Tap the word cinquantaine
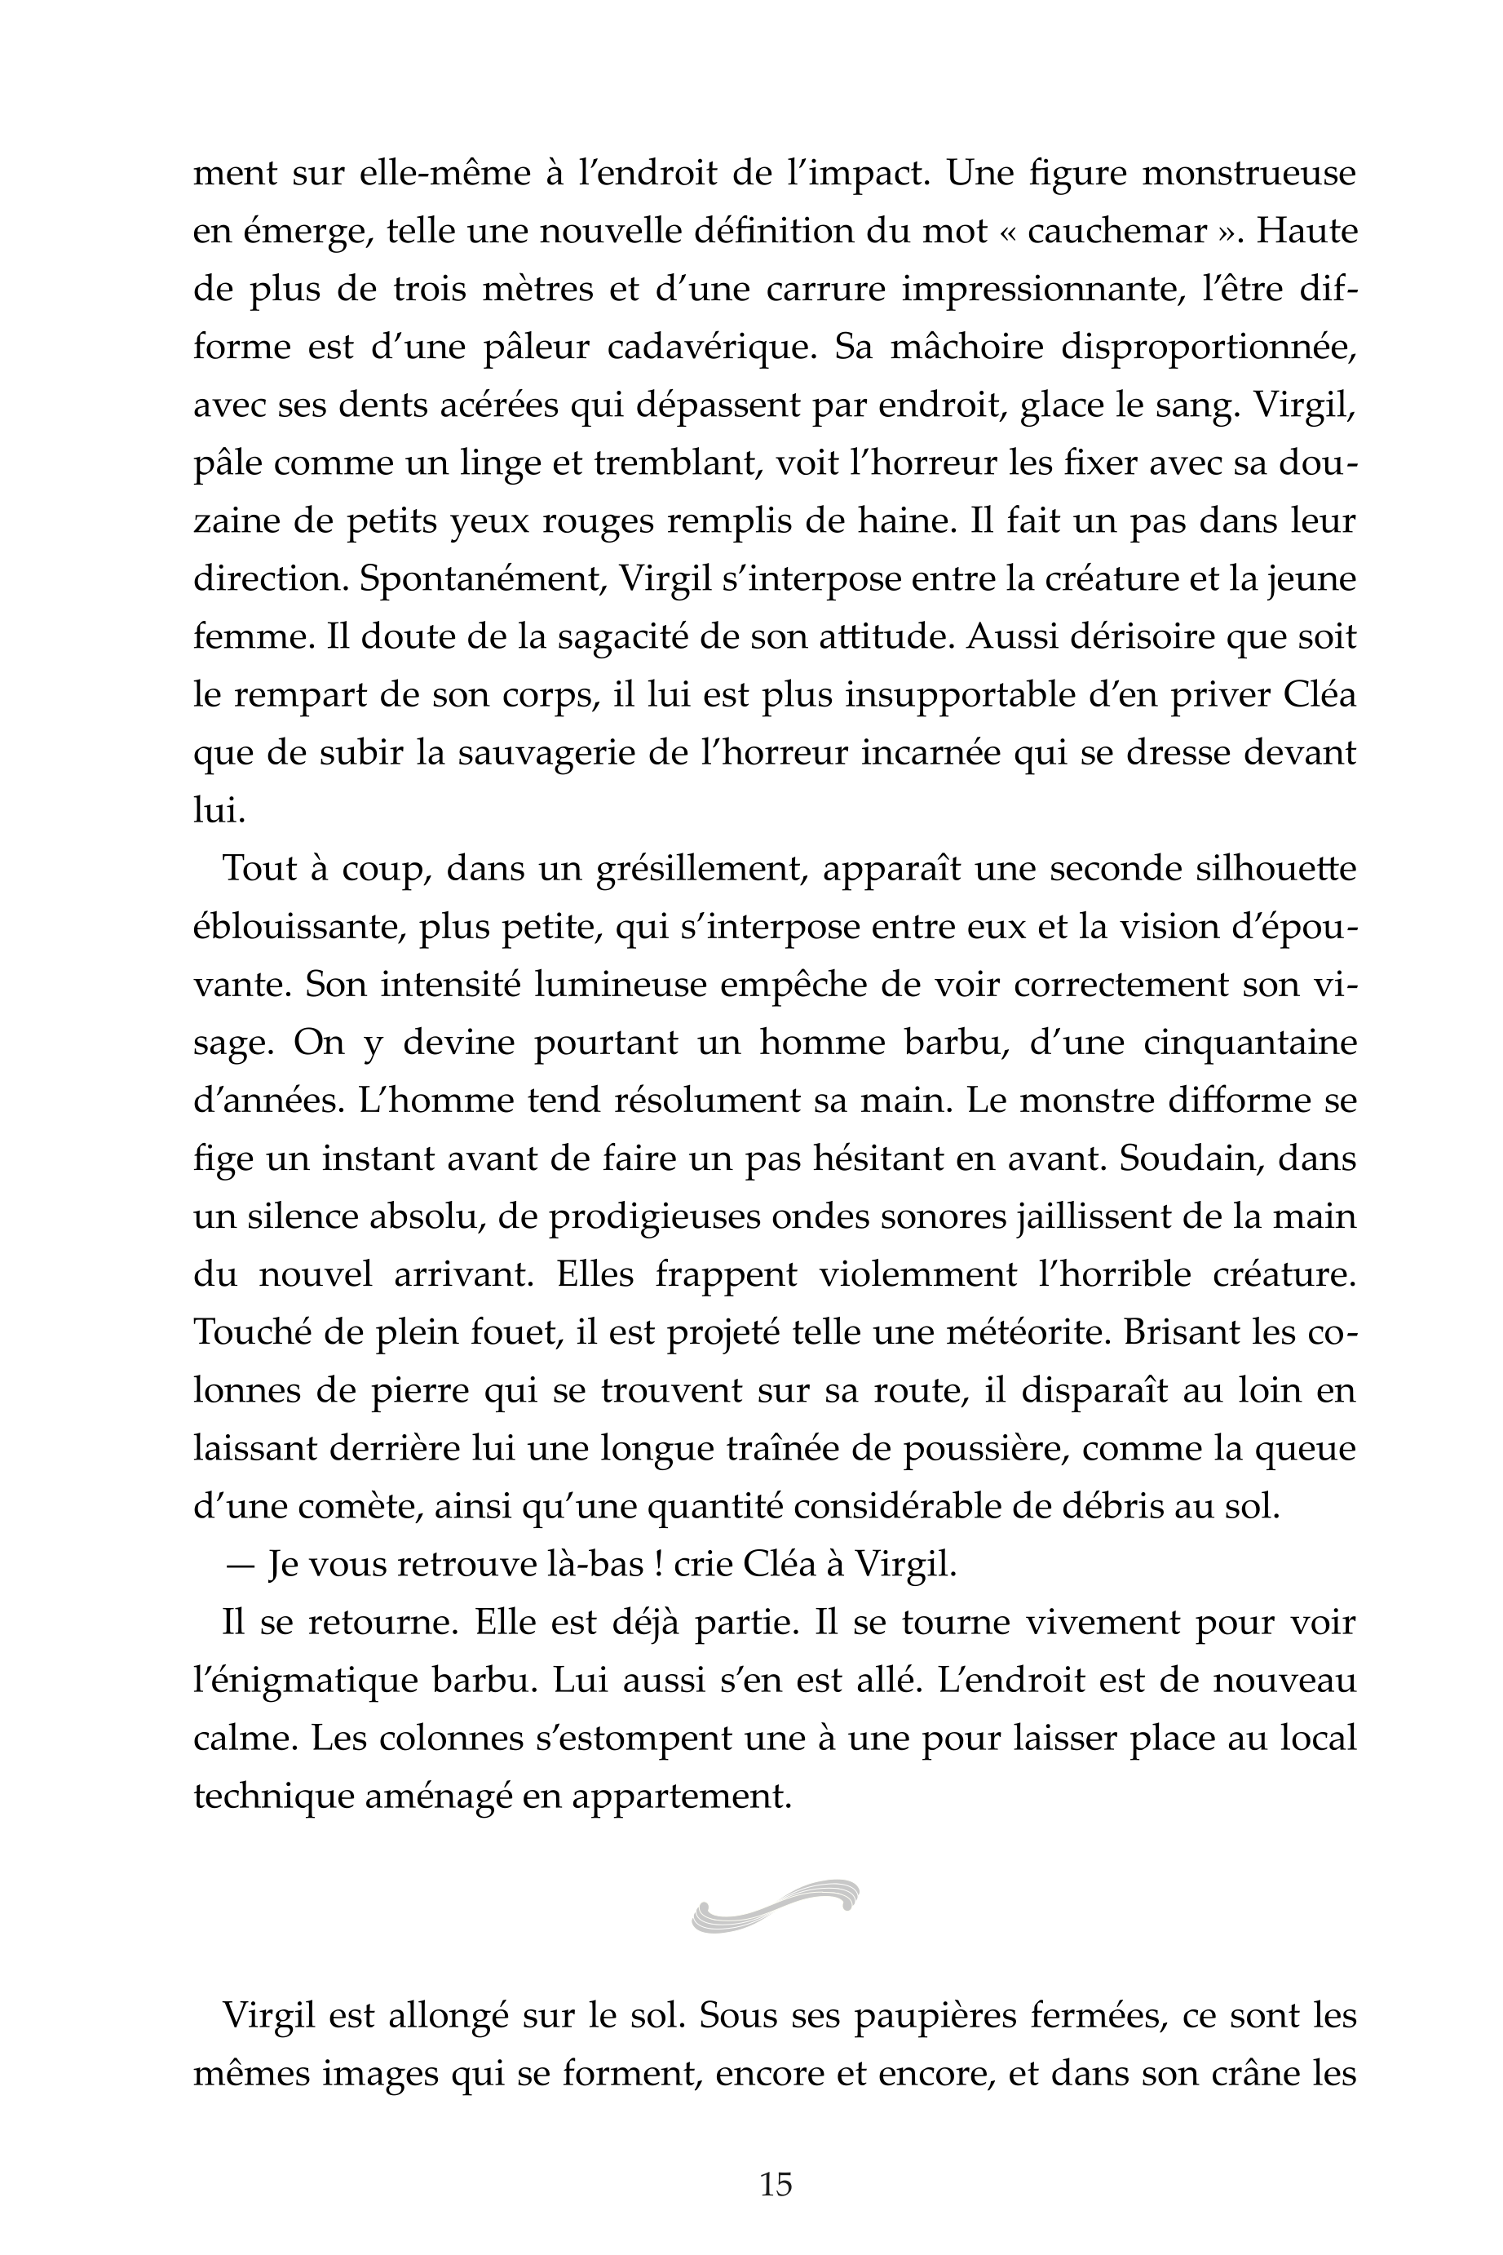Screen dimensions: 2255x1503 (1250, 1042)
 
